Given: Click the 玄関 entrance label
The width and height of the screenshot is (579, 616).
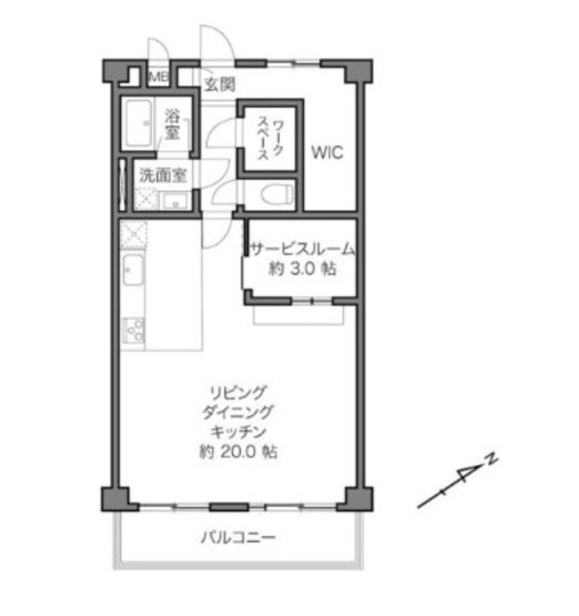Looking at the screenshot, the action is (x=220, y=84).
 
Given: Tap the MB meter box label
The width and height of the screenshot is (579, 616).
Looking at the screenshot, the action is (x=159, y=77).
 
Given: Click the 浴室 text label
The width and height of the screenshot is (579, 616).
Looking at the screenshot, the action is (x=172, y=124).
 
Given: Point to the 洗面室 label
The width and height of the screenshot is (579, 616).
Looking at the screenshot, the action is (x=163, y=175).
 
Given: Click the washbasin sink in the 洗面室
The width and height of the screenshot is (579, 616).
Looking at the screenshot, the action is (x=175, y=202).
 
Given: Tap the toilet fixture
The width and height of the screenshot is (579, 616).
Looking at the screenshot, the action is (x=277, y=193).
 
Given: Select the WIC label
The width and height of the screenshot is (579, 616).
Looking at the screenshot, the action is (x=327, y=152).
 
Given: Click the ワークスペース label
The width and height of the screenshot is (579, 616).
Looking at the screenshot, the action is (x=270, y=140).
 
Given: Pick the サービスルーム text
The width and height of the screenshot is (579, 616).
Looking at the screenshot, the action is (x=302, y=249).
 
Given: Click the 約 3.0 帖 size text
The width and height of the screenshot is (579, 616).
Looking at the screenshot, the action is (x=302, y=269).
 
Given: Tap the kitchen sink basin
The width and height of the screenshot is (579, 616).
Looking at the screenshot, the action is (x=133, y=269).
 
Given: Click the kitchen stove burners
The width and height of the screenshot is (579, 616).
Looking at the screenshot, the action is (x=134, y=331).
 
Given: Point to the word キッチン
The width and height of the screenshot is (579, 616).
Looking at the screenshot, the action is (x=239, y=432).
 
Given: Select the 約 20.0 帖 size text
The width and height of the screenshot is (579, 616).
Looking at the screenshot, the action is (x=239, y=451).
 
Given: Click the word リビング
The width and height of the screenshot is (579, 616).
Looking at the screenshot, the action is (x=239, y=392).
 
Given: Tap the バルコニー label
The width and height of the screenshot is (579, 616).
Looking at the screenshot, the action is (x=239, y=537).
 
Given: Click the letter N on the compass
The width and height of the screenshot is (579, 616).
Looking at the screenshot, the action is (x=491, y=458).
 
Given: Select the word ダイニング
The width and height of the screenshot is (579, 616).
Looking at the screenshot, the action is (x=239, y=412).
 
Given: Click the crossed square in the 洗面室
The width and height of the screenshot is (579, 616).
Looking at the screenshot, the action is (x=146, y=199).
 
